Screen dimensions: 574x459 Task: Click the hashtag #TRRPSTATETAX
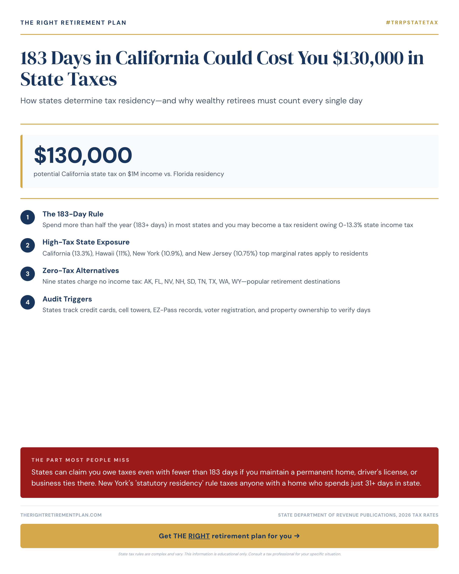pyautogui.click(x=412, y=23)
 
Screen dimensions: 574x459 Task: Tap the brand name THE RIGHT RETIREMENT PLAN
pyautogui.click(x=73, y=23)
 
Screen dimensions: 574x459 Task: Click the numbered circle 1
pyautogui.click(x=27, y=217)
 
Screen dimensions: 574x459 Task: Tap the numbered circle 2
pyautogui.click(x=27, y=245)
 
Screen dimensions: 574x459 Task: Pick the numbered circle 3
pyautogui.click(x=27, y=274)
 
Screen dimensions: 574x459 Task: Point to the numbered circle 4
pyautogui.click(x=27, y=302)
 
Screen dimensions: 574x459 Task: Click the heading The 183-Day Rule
pyautogui.click(x=73, y=214)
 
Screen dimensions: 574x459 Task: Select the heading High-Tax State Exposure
pyautogui.click(x=86, y=242)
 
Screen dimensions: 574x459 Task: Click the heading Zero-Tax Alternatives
pyautogui.click(x=81, y=270)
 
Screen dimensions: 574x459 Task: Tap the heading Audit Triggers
pyautogui.click(x=67, y=299)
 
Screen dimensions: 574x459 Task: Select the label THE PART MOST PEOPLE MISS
pyautogui.click(x=80, y=460)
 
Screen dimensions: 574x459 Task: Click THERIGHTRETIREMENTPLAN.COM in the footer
pyautogui.click(x=61, y=515)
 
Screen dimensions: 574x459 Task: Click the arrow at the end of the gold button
pyautogui.click(x=297, y=536)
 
